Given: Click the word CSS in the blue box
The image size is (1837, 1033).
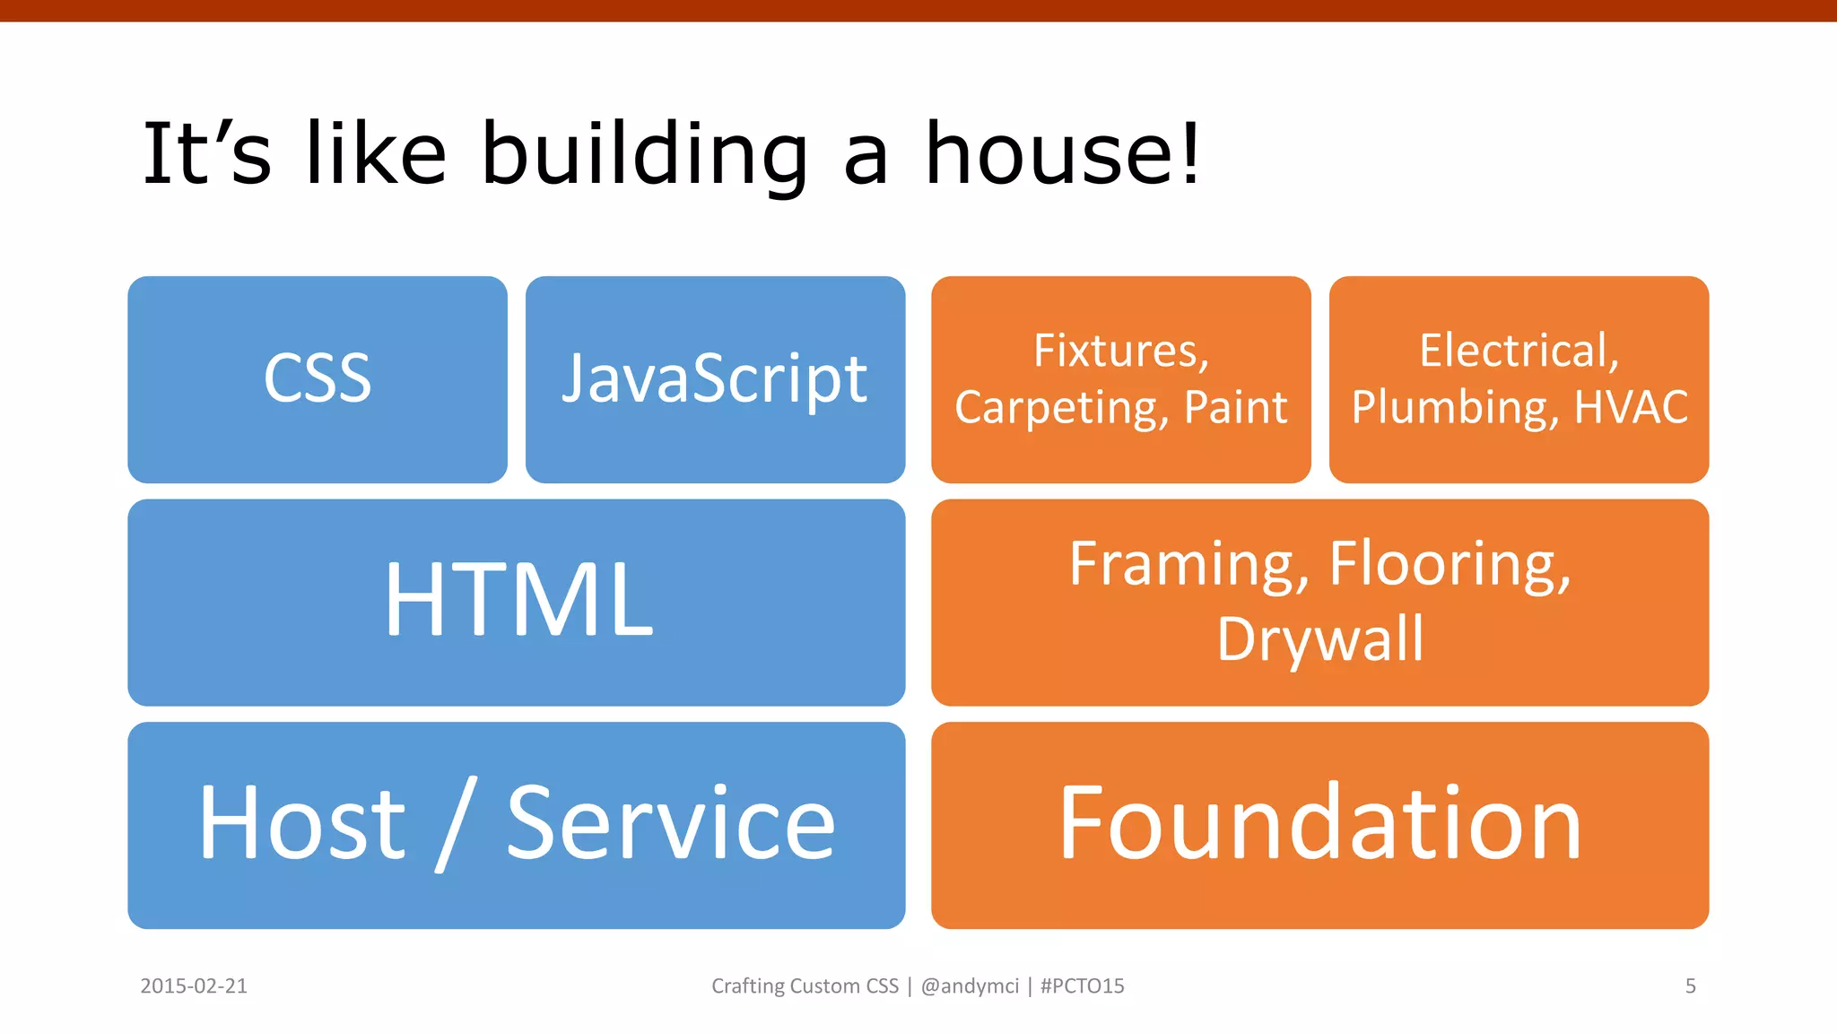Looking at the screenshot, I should [x=318, y=378].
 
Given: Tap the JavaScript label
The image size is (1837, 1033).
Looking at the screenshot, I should [x=715, y=378].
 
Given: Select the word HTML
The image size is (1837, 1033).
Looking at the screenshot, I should [x=518, y=600].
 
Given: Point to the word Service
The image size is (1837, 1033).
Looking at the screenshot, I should [x=671, y=823].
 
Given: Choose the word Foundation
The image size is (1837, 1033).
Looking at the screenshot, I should [x=1319, y=823].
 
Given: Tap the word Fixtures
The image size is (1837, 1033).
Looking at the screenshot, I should [x=1120, y=351].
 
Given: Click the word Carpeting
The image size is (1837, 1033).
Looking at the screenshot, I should [x=1058, y=408].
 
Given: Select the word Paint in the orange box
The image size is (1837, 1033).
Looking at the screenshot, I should [x=1235, y=408].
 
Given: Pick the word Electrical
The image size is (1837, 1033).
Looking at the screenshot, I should [x=1519, y=351].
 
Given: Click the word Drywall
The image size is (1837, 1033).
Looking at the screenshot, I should [x=1319, y=640].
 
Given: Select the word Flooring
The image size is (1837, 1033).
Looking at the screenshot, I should [x=1450, y=565].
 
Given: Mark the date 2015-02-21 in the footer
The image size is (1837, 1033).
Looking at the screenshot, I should [x=194, y=986].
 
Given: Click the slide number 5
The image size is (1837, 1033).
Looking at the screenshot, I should [x=1690, y=986].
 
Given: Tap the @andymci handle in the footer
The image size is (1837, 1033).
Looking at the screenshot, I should [x=970, y=986].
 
